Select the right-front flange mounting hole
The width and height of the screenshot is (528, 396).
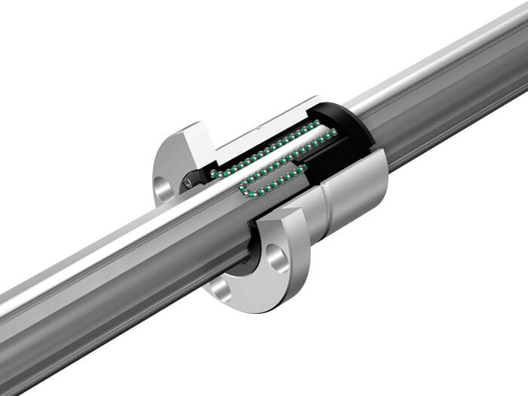(277, 259)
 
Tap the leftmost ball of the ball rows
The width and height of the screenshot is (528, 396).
(213, 173)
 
